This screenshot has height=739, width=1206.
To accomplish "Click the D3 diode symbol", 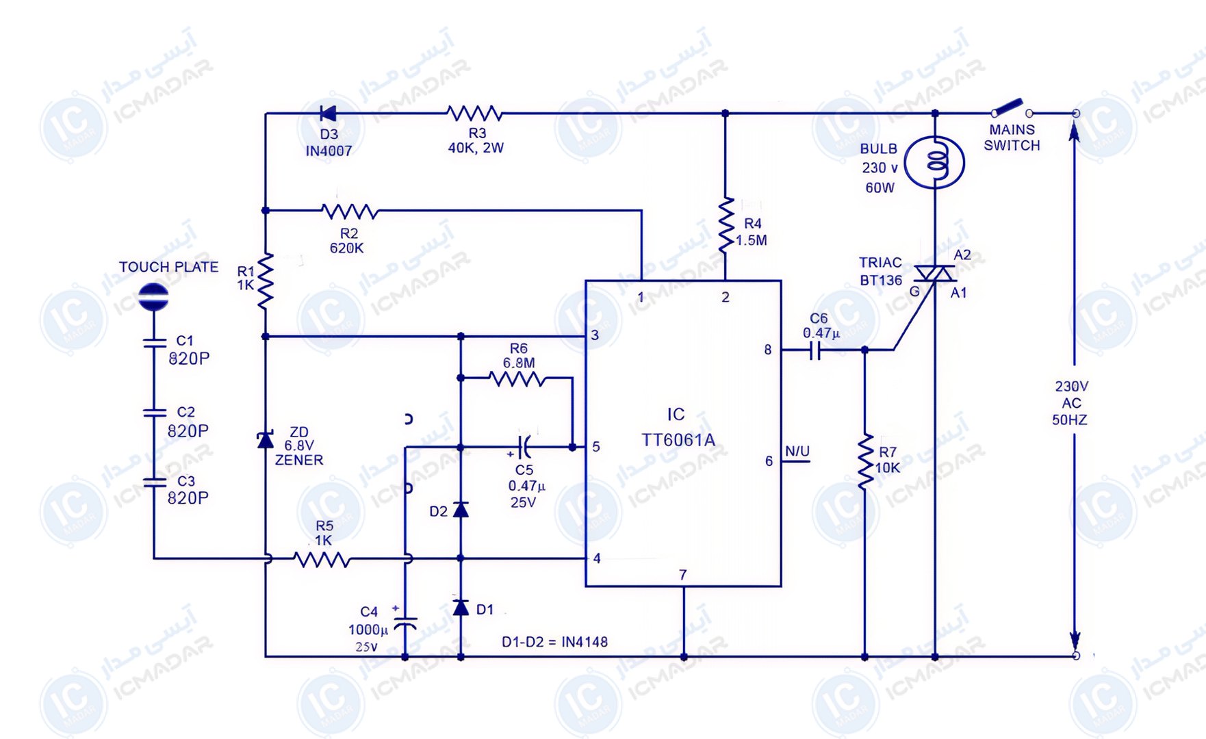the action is point(329,113).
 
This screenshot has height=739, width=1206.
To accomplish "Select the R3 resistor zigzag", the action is point(474,113).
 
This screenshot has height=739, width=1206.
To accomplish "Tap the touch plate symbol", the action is point(153,297).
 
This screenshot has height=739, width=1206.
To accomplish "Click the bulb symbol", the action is point(935,163).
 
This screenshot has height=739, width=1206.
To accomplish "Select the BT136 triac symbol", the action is point(935,274).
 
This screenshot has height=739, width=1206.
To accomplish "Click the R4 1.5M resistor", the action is point(726,226).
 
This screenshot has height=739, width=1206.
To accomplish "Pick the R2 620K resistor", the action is point(350,211).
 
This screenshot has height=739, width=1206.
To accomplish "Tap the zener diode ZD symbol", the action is point(266,439).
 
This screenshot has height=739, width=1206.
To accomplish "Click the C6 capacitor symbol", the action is point(814,350).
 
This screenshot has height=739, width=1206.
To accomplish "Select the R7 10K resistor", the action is point(865,461).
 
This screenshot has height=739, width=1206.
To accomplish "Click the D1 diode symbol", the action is point(461,607).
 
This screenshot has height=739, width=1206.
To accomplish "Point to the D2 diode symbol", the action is point(461,508).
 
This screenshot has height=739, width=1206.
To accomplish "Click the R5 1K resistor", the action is point(322,559).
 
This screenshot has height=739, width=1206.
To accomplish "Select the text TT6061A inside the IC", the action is point(678,440).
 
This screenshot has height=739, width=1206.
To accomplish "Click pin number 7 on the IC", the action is point(682,575).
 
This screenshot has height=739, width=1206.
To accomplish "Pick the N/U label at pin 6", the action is point(797,451).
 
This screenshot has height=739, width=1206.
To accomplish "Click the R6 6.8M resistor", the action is point(517,378).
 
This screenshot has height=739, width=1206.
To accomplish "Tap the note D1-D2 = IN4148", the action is point(554,642).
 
